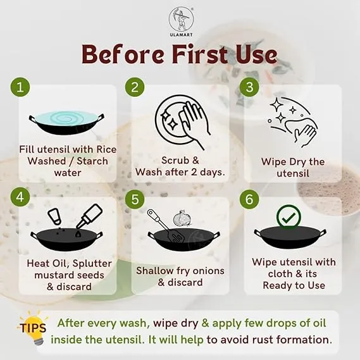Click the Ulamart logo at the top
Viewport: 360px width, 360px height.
click(x=181, y=22)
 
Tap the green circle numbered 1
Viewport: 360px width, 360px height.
click(x=20, y=87)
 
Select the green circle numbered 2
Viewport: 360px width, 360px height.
click(x=135, y=87)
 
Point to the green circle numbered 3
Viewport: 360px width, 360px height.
click(x=249, y=87)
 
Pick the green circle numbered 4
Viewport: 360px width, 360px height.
click(x=20, y=197)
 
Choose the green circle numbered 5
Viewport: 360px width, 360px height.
click(x=135, y=199)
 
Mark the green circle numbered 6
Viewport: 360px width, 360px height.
click(x=249, y=199)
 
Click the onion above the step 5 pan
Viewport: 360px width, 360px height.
click(x=181, y=219)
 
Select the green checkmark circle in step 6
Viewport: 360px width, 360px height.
click(x=289, y=217)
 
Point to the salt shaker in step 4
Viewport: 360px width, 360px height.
click(x=54, y=216)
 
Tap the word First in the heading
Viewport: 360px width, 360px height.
click(x=200, y=54)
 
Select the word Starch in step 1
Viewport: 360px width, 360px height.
click(x=92, y=161)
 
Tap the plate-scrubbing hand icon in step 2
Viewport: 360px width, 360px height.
click(x=182, y=123)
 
